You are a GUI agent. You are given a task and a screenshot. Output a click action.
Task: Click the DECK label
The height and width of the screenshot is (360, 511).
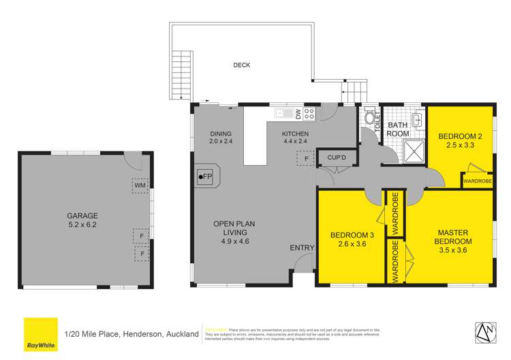242,65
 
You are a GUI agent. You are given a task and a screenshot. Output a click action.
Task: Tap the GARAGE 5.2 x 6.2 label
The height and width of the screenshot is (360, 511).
82,219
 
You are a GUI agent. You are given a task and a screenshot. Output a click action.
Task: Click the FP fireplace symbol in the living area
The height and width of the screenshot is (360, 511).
204,177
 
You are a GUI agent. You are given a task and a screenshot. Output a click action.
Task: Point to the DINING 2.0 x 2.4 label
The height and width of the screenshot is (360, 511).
221,138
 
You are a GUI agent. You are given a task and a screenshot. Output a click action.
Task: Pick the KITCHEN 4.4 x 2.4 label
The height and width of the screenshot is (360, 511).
296,138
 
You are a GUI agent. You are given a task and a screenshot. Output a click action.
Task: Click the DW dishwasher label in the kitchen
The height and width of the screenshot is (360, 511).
298,113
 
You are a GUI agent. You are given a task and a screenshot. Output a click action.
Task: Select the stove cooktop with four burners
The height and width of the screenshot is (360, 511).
309,113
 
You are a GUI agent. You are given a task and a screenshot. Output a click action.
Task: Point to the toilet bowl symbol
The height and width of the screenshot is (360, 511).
370,118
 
